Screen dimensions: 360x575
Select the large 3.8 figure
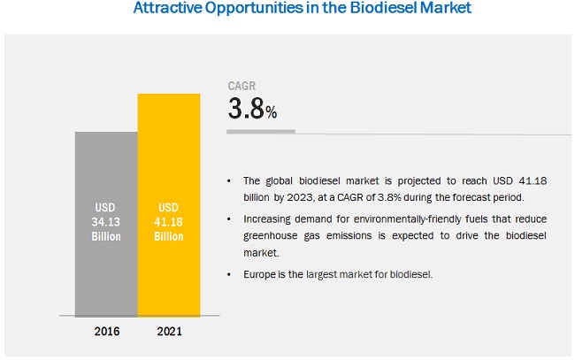pos(246,110)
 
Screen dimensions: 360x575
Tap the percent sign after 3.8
pos(272,112)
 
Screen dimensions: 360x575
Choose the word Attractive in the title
pos(167,11)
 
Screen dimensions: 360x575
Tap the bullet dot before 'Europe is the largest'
pos(232,275)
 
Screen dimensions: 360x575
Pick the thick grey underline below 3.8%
pos(260,132)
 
